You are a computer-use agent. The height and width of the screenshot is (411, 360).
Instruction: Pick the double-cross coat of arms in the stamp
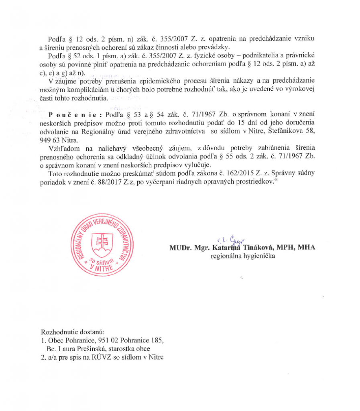(100, 241)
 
